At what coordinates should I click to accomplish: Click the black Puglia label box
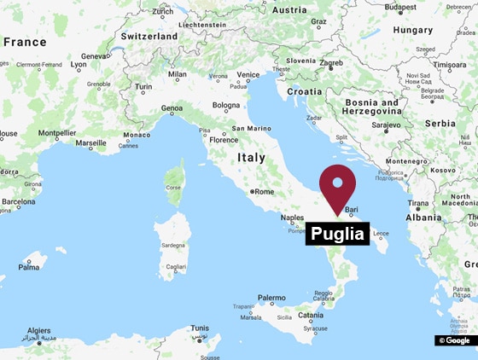[337, 234]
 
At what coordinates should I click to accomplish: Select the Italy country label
[251, 158]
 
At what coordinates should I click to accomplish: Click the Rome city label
[264, 192]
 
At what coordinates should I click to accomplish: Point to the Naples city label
[293, 218]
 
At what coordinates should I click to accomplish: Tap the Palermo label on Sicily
[271, 298]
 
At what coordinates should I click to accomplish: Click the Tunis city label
[200, 328]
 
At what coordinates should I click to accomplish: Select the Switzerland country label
[149, 37]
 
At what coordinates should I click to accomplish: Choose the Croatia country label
[305, 90]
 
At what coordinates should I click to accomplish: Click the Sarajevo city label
[385, 125]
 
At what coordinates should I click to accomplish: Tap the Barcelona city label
[18, 202]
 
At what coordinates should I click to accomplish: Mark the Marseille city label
[91, 143]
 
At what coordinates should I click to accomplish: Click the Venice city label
[248, 74]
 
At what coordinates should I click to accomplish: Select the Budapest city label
[400, 8]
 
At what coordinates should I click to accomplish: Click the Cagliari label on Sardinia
[176, 266]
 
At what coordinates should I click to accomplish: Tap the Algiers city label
[39, 330]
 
